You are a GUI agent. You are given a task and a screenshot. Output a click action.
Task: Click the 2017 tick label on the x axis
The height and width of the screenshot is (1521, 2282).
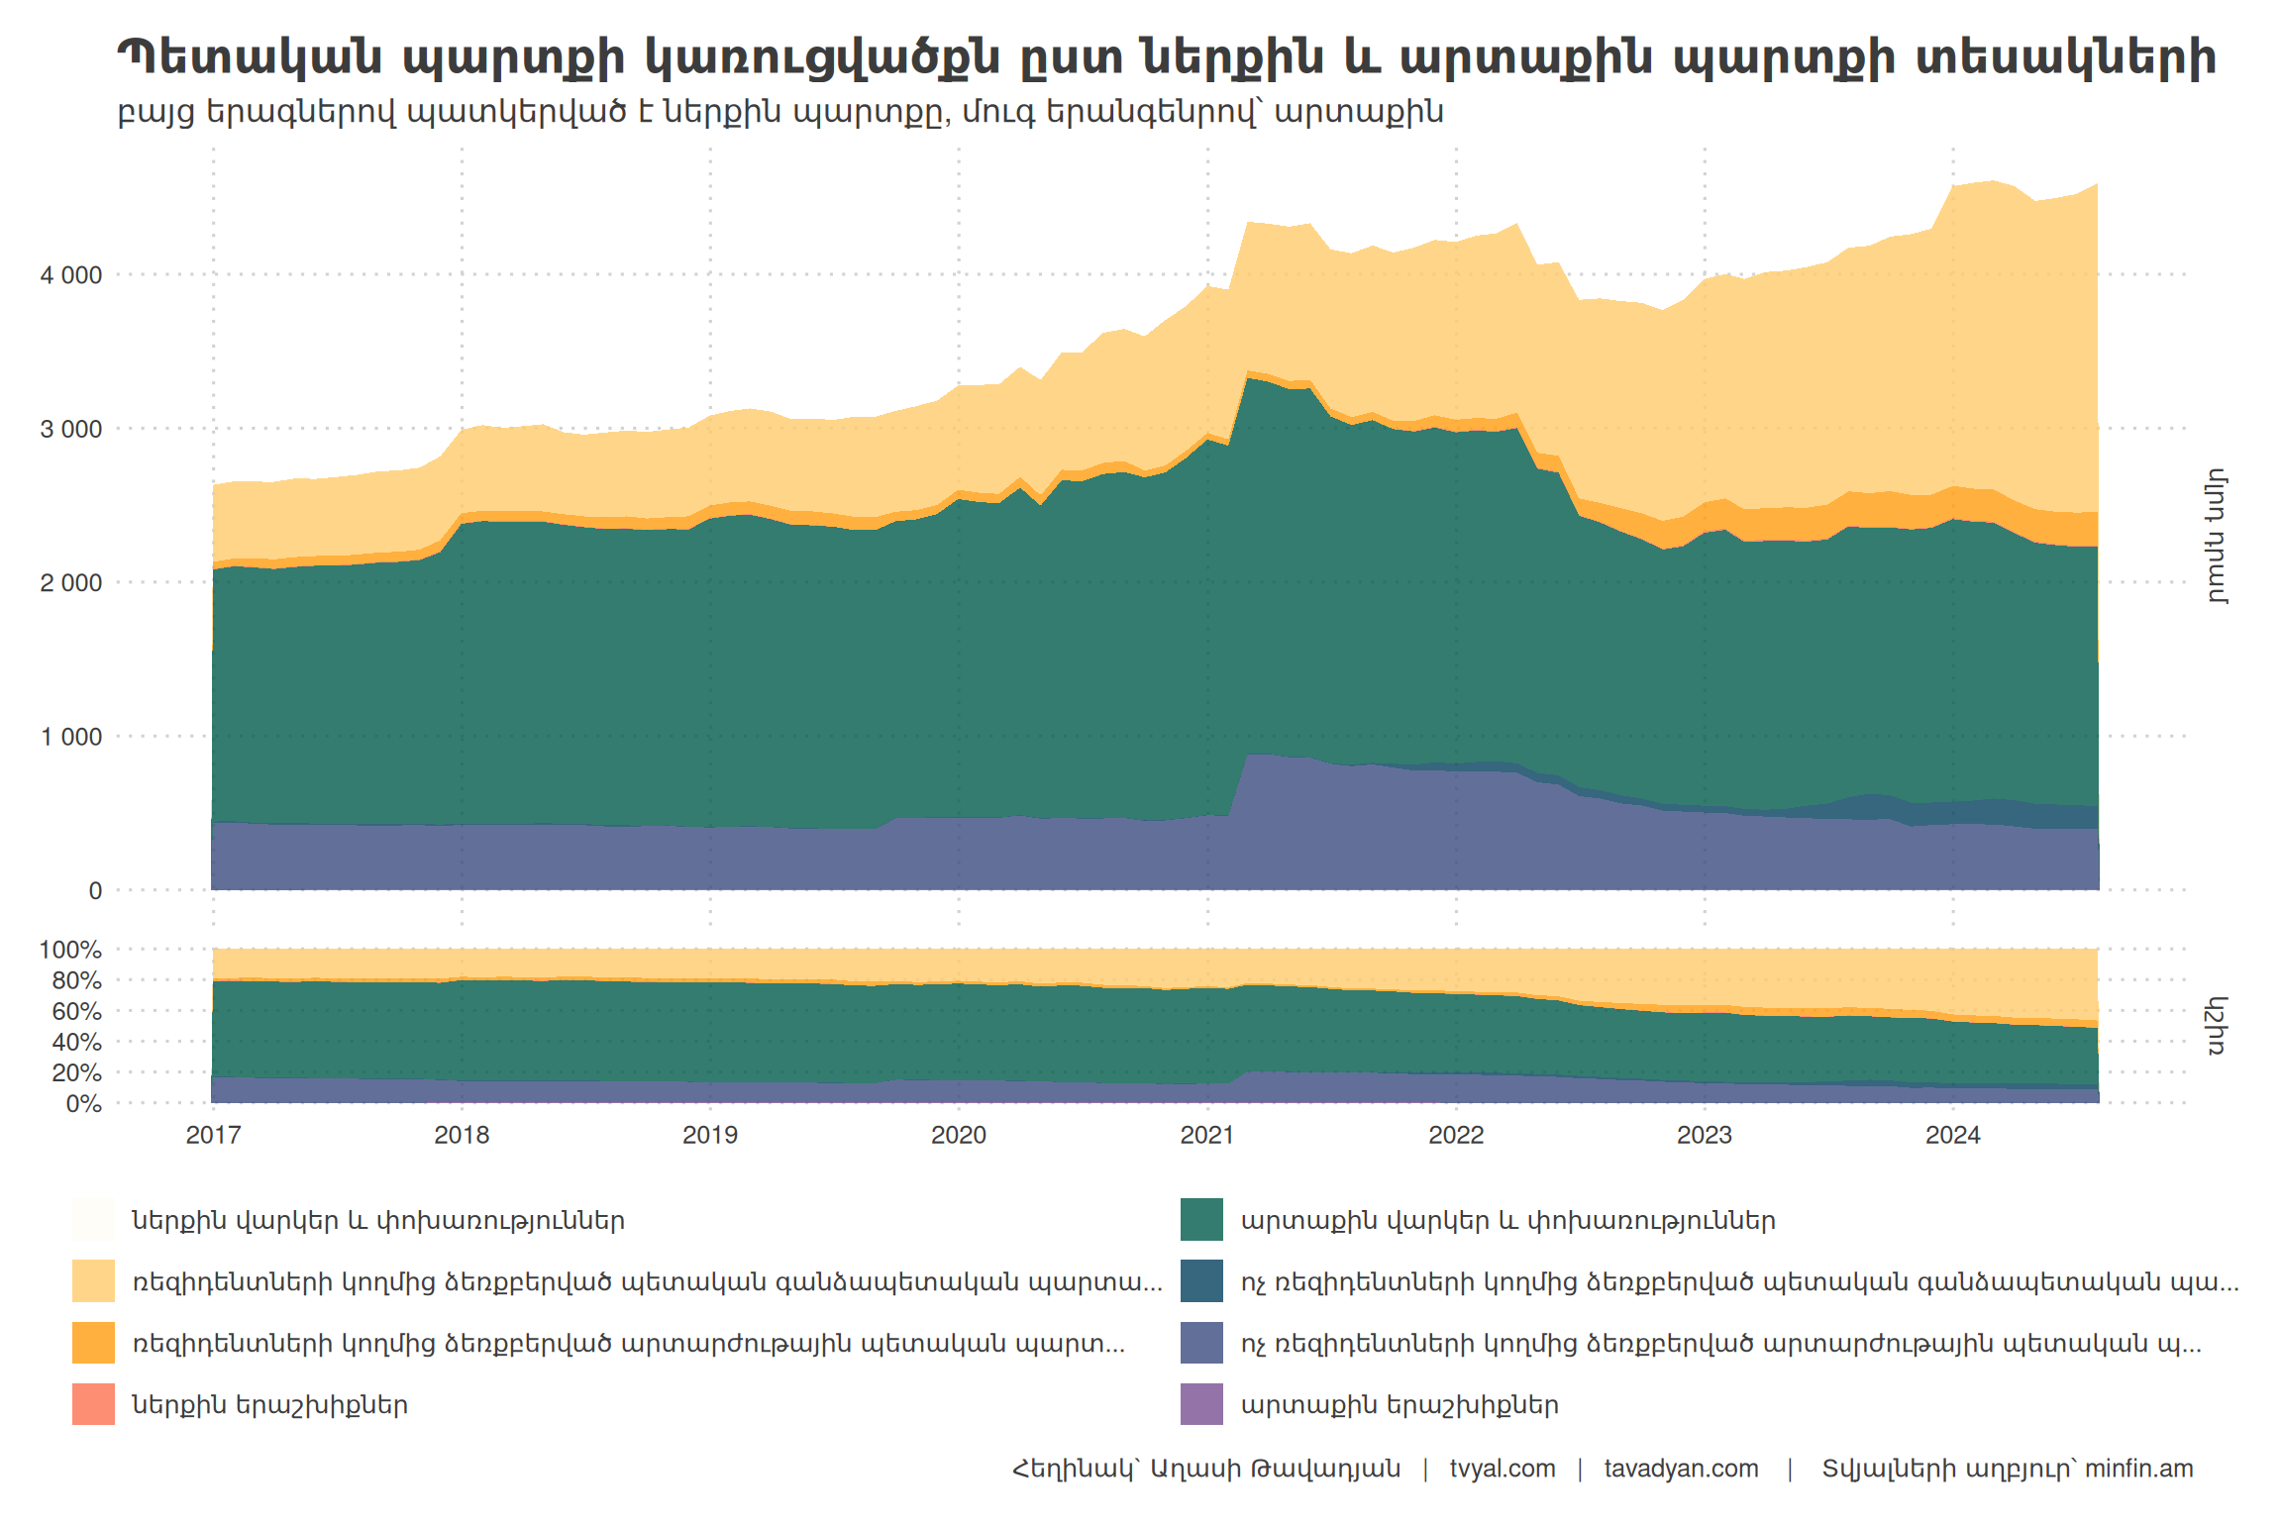pyautogui.click(x=213, y=1135)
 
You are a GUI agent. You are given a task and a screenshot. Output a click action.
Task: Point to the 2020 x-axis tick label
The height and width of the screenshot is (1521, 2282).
pyautogui.click(x=958, y=1135)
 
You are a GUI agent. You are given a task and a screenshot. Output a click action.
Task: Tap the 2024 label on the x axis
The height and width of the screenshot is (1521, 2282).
pyautogui.click(x=1952, y=1135)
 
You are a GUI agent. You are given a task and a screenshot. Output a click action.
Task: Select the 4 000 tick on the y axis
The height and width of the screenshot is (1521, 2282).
pyautogui.click(x=71, y=275)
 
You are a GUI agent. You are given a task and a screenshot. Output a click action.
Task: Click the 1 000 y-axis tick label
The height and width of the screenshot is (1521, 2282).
pyautogui.click(x=71, y=737)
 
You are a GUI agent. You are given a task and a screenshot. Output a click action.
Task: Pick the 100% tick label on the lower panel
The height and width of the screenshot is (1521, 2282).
pyautogui.click(x=70, y=950)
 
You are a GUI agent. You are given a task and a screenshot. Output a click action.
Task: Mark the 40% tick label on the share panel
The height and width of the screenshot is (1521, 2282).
pyautogui.click(x=76, y=1042)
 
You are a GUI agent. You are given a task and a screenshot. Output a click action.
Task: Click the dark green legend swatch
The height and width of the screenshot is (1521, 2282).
pyautogui.click(x=1201, y=1220)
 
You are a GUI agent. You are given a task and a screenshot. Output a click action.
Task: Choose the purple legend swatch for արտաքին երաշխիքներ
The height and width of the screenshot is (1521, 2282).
pyautogui.click(x=1201, y=1404)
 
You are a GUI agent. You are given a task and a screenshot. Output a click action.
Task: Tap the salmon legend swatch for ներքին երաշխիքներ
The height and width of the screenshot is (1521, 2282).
pyautogui.click(x=93, y=1404)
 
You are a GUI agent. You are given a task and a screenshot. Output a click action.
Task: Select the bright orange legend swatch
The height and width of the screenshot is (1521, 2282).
pyautogui.click(x=93, y=1343)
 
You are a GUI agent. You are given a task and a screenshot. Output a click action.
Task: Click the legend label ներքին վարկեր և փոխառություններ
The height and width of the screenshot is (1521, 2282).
pyautogui.click(x=378, y=1220)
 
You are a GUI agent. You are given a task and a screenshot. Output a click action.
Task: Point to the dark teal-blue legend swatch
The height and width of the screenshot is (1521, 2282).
pyautogui.click(x=1201, y=1281)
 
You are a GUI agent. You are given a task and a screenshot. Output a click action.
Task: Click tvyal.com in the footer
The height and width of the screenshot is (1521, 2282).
pyautogui.click(x=1502, y=1469)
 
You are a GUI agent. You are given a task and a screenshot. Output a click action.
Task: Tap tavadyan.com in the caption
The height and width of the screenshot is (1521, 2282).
pyautogui.click(x=1681, y=1469)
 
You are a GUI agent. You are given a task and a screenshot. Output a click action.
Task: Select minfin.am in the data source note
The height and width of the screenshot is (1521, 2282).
pyautogui.click(x=2138, y=1469)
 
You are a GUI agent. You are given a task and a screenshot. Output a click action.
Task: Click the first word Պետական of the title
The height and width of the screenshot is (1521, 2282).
pyautogui.click(x=249, y=57)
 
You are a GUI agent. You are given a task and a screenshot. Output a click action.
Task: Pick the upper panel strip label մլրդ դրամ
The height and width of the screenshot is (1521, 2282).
pyautogui.click(x=2217, y=536)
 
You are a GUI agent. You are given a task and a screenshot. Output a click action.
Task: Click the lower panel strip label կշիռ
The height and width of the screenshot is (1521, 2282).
pyautogui.click(x=2217, y=1026)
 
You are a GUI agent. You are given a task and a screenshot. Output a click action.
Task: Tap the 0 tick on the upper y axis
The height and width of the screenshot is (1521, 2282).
pyautogui.click(x=95, y=891)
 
